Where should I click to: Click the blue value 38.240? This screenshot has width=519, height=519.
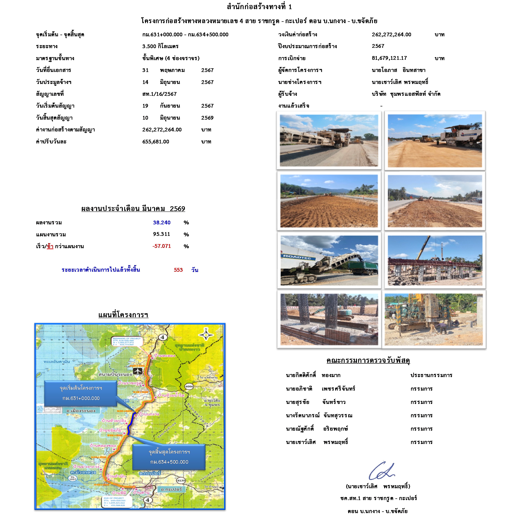pyautogui.click(x=162, y=223)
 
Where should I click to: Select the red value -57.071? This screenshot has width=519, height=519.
pyautogui.click(x=162, y=246)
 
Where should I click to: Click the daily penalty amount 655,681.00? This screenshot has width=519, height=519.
pyautogui.click(x=156, y=142)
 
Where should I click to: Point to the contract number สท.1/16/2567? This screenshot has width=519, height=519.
pyautogui.click(x=159, y=94)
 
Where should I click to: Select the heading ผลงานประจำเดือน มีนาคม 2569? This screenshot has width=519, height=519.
pyautogui.click(x=133, y=209)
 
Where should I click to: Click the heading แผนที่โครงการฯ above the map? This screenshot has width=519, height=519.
pyautogui.click(x=123, y=315)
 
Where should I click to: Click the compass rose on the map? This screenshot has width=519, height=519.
pyautogui.click(x=206, y=335)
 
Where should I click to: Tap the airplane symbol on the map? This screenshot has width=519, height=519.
pyautogui.click(x=138, y=371)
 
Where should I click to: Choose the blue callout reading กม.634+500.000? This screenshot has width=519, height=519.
pyautogui.click(x=169, y=457)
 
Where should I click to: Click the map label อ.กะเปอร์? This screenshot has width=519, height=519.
pyautogui.click(x=171, y=489)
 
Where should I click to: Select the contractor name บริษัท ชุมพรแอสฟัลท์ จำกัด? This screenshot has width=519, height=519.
pyautogui.click(x=406, y=94)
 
